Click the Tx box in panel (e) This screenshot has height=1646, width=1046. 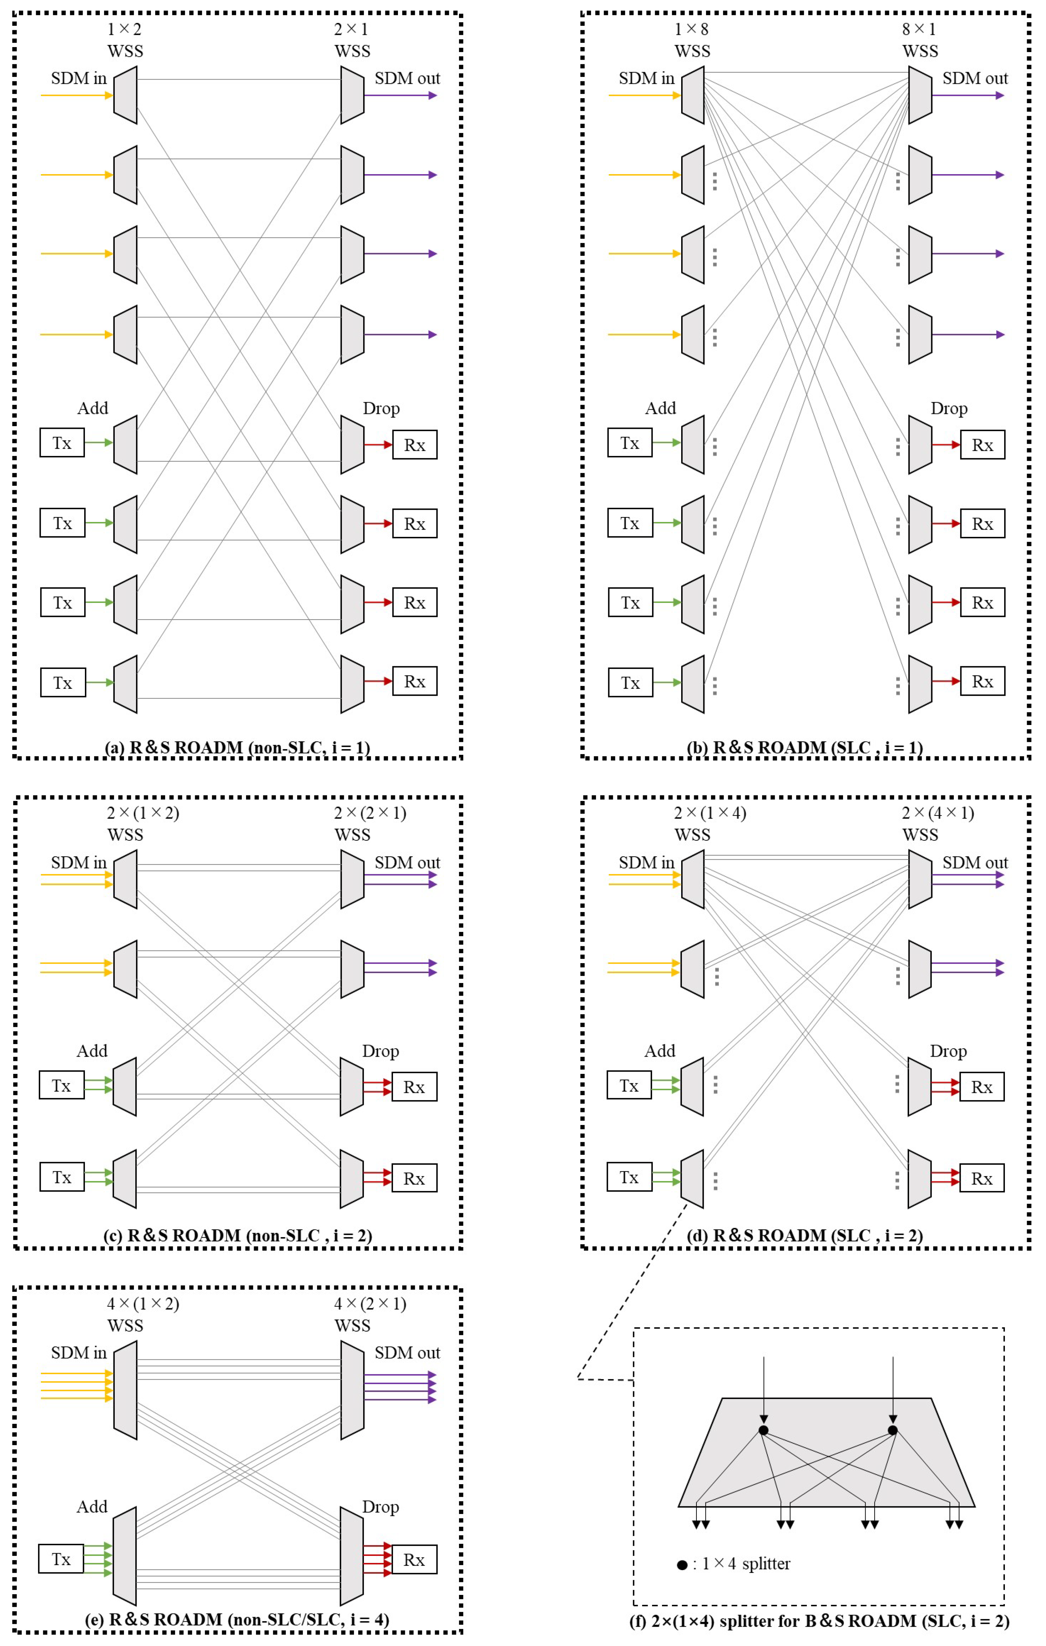click(61, 1559)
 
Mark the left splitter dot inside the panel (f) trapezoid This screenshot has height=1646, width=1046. click(764, 1430)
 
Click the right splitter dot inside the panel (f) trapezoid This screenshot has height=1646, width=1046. click(892, 1430)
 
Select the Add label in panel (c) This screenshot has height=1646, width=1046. click(92, 1051)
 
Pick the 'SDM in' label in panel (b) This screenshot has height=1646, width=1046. click(646, 79)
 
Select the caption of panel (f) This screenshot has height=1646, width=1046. click(819, 1621)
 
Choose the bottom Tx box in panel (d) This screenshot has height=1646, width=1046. click(629, 1177)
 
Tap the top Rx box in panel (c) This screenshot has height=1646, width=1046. click(414, 1087)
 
